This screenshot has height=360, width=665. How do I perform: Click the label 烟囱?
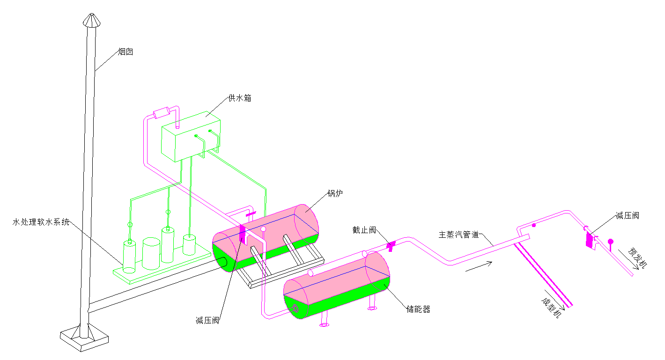pyautogui.click(x=126, y=52)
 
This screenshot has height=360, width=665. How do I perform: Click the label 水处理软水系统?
pyautogui.click(x=41, y=222)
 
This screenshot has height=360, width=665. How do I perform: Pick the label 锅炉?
pyautogui.click(x=335, y=193)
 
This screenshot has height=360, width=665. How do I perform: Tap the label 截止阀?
pyautogui.click(x=364, y=230)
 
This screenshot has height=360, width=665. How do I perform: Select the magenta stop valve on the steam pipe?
pyautogui.click(x=390, y=245)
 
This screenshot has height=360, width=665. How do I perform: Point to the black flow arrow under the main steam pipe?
pyautogui.click(x=478, y=266)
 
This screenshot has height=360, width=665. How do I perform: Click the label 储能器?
pyautogui.click(x=418, y=309)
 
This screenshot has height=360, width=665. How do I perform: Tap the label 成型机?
pyautogui.click(x=551, y=307)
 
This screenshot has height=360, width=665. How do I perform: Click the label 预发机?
pyautogui.click(x=636, y=258)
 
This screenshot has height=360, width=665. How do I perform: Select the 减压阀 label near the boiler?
pyautogui.click(x=207, y=321)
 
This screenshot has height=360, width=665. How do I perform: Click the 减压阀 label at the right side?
pyautogui.click(x=628, y=216)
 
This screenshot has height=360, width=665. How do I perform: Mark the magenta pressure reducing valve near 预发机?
pyautogui.click(x=589, y=240)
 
